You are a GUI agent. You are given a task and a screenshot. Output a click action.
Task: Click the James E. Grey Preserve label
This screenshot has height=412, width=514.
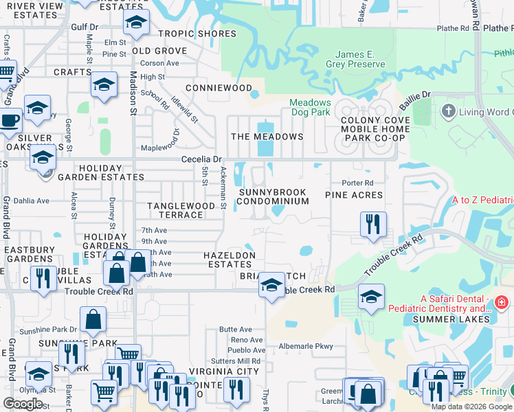[x=359, y=59]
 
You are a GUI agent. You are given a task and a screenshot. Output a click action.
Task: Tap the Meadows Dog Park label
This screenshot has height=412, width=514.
[x=309, y=108]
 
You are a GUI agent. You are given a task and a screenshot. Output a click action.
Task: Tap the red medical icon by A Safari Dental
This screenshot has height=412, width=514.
[x=502, y=302]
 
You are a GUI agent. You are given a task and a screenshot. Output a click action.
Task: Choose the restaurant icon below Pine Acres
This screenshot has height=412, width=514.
[x=373, y=222]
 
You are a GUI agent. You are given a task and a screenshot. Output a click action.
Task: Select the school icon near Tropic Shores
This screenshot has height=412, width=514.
[x=137, y=24]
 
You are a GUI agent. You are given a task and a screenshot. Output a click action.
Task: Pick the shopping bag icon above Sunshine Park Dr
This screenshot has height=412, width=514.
[x=93, y=319]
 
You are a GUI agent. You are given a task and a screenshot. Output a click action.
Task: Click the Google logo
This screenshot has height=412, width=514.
[x=23, y=403]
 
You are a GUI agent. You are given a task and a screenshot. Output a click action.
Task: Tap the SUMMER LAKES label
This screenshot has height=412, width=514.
[x=460, y=319]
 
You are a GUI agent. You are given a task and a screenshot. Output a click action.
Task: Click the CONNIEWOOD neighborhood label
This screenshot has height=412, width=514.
[x=219, y=89]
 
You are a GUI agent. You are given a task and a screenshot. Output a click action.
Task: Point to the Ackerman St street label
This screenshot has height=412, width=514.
[x=223, y=186]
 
